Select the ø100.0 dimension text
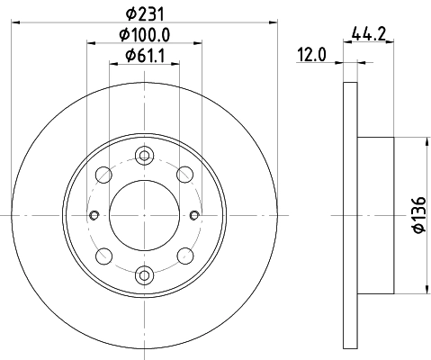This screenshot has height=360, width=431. click(145, 36)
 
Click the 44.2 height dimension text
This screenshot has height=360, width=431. click(370, 36)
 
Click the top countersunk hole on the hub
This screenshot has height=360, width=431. click(144, 154)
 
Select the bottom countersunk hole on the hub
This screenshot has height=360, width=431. click(144, 274)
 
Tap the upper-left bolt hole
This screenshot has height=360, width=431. click(103, 174)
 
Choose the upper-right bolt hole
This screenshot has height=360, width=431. click(185, 174)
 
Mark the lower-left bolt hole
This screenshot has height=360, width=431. click(103, 255)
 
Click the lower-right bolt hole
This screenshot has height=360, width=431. click(185, 255)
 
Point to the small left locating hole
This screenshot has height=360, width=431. click(94, 214)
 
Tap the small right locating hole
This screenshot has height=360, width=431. click(195, 214)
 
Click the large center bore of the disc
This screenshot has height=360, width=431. click(144, 214)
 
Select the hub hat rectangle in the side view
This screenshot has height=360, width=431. click(376, 214)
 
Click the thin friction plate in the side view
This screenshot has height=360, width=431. click(351, 214)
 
